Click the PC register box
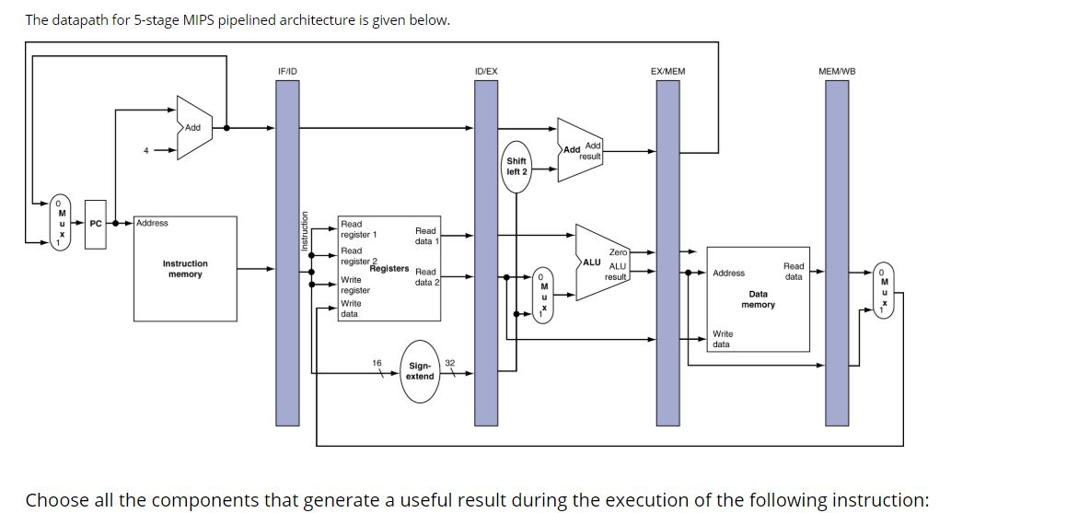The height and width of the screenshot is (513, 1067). click(96, 223)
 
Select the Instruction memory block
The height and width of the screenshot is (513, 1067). click(185, 268)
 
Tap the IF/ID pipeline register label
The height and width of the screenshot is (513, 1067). click(287, 71)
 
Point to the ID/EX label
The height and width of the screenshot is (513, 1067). click(485, 71)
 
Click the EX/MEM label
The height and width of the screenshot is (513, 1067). click(667, 71)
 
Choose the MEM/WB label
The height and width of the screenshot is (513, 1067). click(837, 71)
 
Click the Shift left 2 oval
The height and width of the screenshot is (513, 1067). click(516, 167)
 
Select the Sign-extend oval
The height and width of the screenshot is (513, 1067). click(420, 370)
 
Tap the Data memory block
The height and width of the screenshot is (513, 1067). click(758, 299)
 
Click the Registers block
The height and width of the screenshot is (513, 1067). click(389, 268)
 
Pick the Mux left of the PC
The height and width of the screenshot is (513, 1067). click(62, 222)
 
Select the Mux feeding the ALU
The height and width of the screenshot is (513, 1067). click(543, 294)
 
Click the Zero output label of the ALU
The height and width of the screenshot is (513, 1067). click(618, 251)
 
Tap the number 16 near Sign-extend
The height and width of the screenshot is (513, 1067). click(377, 363)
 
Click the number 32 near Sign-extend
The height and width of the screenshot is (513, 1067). click(449, 363)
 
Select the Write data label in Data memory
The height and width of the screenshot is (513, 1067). click(723, 339)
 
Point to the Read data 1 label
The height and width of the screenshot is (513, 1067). click(425, 236)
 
